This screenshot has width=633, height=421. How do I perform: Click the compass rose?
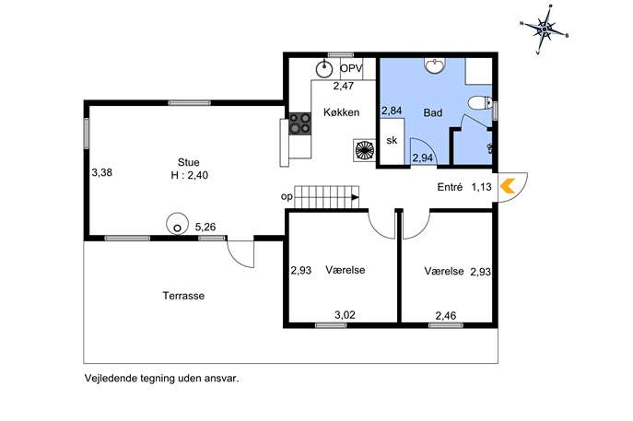pos(545,29)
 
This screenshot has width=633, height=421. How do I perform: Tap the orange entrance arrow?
pos(508,186)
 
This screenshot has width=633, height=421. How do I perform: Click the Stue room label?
pos(189,162)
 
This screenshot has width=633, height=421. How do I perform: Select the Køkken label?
pos(342,112)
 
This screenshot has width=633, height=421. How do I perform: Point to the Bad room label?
pos(433,112)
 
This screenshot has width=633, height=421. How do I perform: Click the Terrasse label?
pos(183,296)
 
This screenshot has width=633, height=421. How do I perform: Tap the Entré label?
pos(450,187)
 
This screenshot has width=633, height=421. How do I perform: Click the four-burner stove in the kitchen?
pos(300,123)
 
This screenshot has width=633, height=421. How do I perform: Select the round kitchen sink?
pos(323,68)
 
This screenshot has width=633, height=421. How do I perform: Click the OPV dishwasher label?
pos(351,68)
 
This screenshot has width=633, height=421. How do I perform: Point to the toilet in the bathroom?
pos(480,103)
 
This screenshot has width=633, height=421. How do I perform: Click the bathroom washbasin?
pos(435,65)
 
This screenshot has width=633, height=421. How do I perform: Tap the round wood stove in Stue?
pos(177,223)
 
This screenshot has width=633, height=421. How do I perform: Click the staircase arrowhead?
pos(356,197)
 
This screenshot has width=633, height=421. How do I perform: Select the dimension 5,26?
pos(205,228)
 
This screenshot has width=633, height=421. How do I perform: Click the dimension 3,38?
pos(101,173)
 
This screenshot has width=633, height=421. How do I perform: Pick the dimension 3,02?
pos(346,314)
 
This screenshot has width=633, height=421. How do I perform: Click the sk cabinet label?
pos(392,140)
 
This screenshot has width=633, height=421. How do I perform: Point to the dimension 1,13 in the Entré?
pos(481,187)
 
